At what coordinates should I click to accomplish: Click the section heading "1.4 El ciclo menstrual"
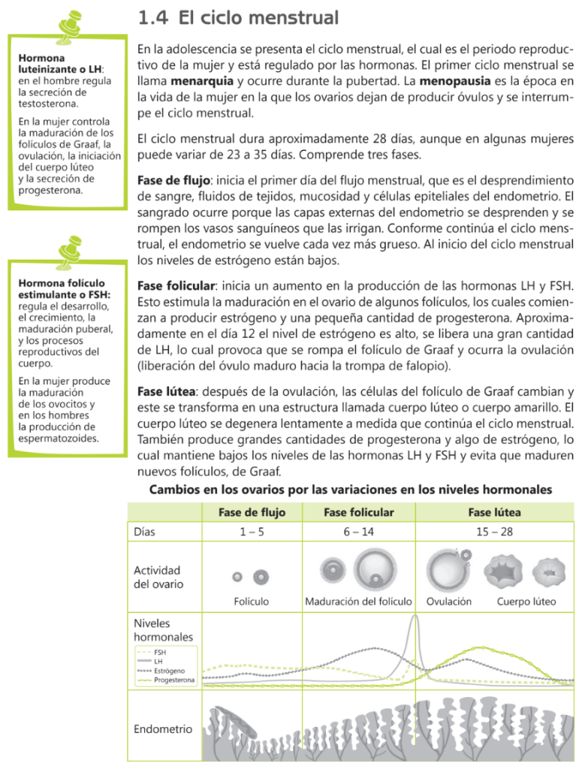pos(238,17)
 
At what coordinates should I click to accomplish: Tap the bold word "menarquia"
pos(203,80)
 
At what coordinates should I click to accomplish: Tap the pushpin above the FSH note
pos(70,250)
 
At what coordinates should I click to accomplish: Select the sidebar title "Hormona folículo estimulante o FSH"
pos(64,289)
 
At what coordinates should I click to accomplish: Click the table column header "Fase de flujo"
pos(252,512)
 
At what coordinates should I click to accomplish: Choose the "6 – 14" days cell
pos(358,532)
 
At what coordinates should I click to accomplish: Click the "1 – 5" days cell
pos(252,532)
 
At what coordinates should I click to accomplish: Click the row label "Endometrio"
pos(162,728)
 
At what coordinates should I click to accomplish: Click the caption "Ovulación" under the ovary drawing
pos(449,602)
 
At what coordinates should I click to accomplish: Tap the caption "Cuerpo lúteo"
pos(526,602)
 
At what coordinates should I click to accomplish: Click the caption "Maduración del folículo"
pos(358,602)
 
